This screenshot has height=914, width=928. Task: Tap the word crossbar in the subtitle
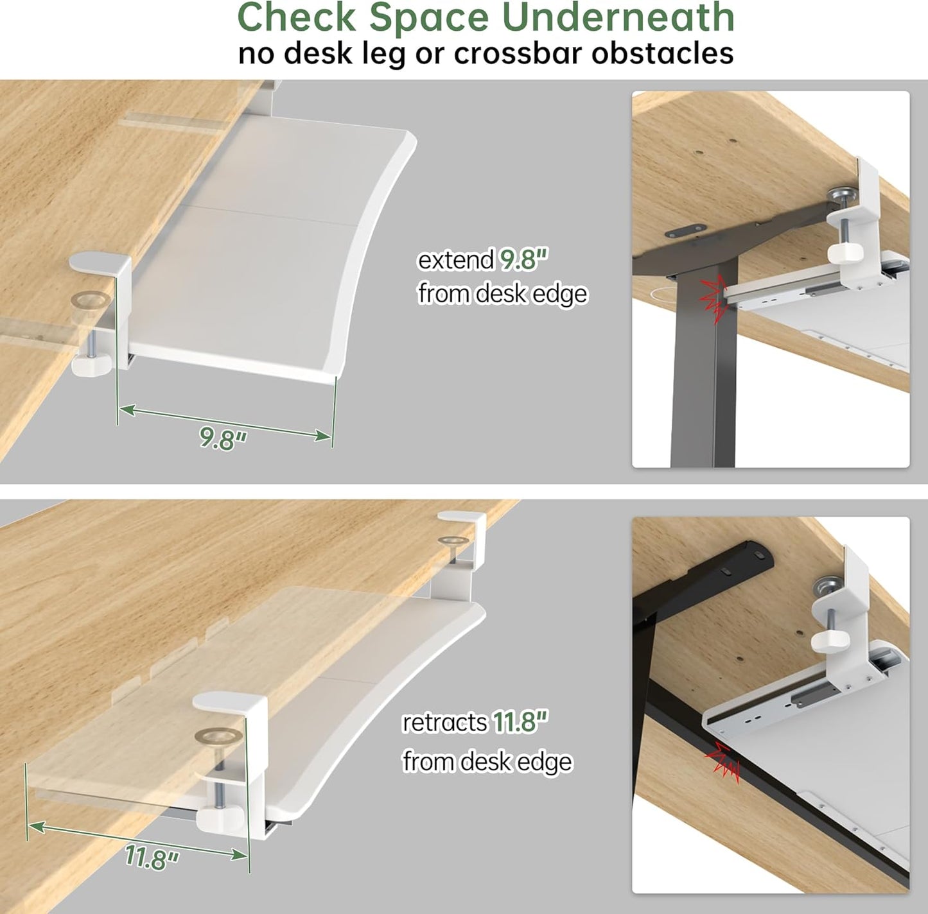point(518,53)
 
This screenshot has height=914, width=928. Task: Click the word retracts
point(444,723)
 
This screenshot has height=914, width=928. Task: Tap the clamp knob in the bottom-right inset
point(829,639)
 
